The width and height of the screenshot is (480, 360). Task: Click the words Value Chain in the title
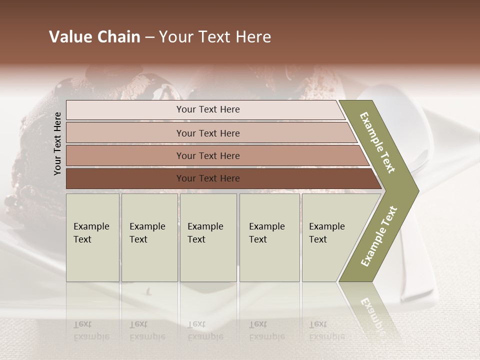coord(94,37)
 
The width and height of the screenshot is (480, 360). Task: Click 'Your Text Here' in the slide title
coord(215,37)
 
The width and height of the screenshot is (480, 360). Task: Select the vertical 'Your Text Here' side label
coord(57,143)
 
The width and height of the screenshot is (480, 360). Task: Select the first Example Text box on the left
coord(92,237)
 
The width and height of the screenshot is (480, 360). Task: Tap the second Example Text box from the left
coord(149,237)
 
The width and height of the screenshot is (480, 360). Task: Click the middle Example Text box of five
coord(208,237)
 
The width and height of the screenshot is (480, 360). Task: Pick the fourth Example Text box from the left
coord(269,237)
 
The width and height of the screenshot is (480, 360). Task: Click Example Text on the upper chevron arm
coord(378,142)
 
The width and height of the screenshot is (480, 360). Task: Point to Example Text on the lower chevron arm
coord(379,236)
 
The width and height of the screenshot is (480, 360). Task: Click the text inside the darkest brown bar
coord(208,178)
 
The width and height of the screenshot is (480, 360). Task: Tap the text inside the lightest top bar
coord(208,109)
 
